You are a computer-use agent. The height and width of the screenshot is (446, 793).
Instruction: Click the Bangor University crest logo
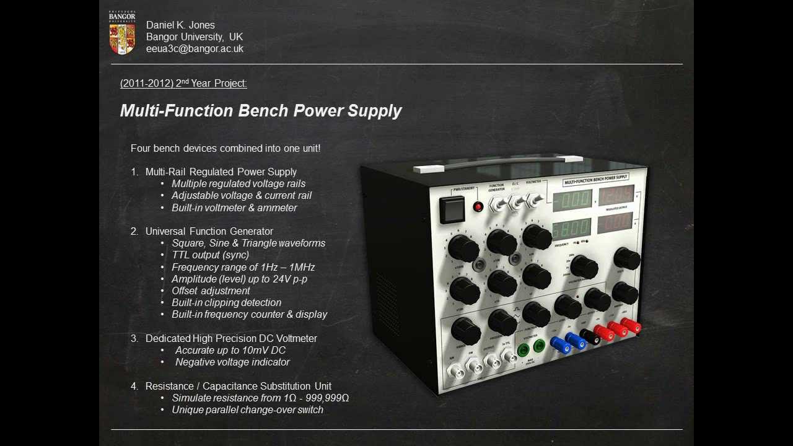(122, 33)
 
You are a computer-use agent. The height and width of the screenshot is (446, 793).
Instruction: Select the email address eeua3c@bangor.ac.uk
(195, 49)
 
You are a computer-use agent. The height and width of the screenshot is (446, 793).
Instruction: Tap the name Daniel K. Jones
(180, 25)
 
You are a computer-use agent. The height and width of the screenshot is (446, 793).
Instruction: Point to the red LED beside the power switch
(478, 207)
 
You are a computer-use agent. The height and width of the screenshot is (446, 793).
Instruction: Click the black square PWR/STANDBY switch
(452, 210)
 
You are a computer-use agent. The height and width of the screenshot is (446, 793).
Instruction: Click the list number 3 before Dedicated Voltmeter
(134, 339)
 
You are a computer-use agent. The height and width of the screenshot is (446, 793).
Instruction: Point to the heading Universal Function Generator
(209, 232)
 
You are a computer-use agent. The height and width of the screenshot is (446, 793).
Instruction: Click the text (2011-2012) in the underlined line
(146, 84)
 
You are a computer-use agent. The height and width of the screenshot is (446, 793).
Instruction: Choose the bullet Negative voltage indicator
(232, 362)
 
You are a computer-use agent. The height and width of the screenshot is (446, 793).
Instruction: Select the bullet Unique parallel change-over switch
(247, 410)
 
